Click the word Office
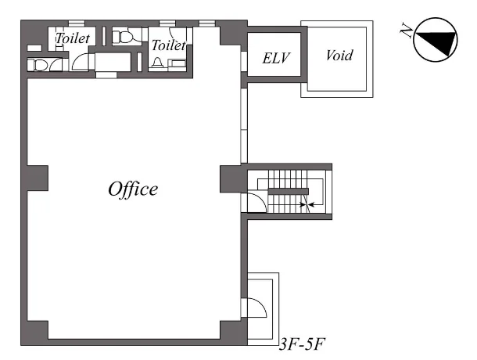point(133,189)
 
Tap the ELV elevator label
point(276,58)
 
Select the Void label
point(339,56)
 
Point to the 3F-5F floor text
point(302,344)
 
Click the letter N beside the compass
point(407,30)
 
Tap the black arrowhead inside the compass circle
point(437,42)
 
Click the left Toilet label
point(73,38)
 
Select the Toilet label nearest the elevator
point(169,45)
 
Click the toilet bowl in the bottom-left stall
point(37,65)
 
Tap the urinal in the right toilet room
point(158,63)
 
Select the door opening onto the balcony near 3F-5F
point(257,308)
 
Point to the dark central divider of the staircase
point(288,191)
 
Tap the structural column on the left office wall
point(38,178)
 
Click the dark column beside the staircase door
point(233,179)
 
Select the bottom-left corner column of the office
point(34,333)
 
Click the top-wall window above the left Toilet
point(77,23)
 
